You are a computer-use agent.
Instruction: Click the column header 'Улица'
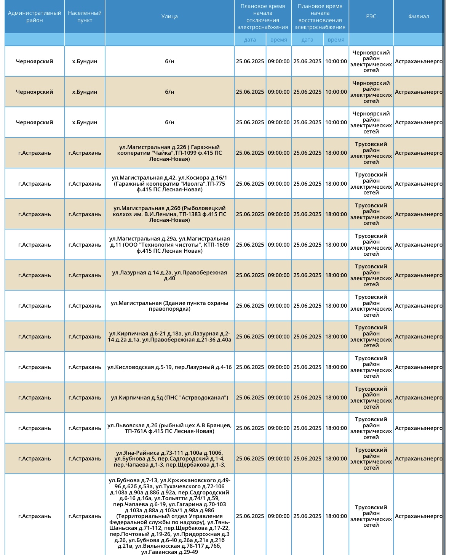click(x=169, y=16)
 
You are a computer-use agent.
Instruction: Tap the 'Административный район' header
click(x=35, y=17)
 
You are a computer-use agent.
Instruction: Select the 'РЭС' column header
click(x=371, y=16)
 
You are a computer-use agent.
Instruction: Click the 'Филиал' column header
click(x=419, y=16)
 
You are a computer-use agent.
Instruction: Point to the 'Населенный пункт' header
click(x=85, y=17)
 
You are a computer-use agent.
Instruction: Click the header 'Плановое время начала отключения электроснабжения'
click(x=263, y=17)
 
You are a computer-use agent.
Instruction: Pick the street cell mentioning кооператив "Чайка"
click(x=169, y=153)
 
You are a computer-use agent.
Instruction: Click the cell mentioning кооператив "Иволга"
click(x=169, y=184)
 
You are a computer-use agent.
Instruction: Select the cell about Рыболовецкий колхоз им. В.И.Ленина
click(x=169, y=214)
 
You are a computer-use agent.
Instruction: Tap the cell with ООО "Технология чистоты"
click(x=169, y=245)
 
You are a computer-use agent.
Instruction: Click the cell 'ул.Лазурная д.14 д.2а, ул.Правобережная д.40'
click(x=169, y=275)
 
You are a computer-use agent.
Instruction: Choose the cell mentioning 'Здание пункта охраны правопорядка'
click(x=169, y=306)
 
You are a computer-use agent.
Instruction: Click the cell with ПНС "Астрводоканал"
click(x=169, y=398)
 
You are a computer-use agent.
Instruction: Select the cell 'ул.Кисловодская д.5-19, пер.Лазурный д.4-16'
click(x=169, y=367)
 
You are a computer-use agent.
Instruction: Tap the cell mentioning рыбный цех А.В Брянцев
click(x=169, y=428)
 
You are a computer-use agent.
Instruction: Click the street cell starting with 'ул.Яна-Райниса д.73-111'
click(x=169, y=459)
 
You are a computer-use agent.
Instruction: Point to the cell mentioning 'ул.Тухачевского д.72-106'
click(x=169, y=516)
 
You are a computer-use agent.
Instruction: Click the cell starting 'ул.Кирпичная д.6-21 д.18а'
click(x=169, y=337)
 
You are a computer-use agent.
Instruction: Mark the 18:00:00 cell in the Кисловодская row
click(x=336, y=367)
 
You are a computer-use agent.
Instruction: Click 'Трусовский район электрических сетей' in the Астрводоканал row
click(x=371, y=398)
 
